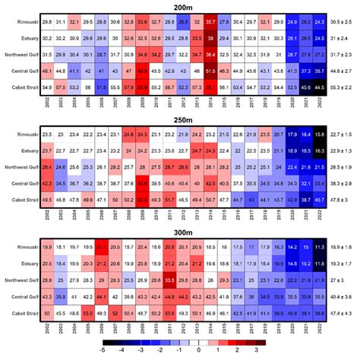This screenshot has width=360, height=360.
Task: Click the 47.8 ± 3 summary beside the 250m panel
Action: click(x=342, y=199)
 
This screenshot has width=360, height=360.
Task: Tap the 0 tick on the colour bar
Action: click(x=198, y=352)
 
